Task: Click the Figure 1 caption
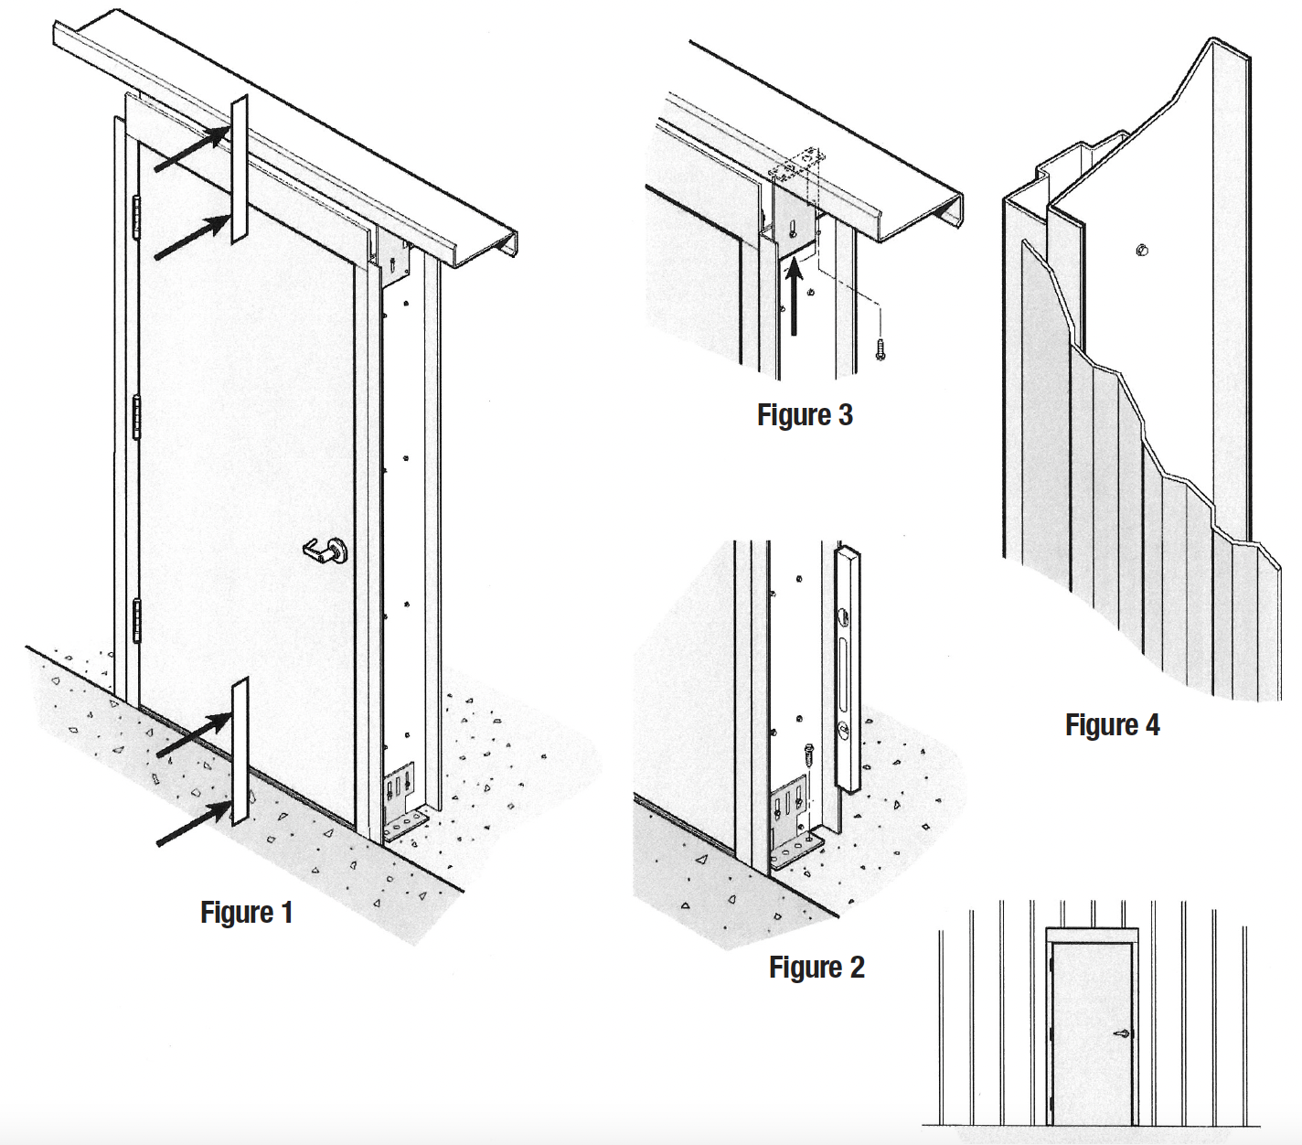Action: pos(246,913)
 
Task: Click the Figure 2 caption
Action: pos(816,968)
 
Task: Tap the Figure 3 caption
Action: pos(805,415)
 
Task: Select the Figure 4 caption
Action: pos(1112,725)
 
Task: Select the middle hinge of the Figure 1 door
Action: pos(138,416)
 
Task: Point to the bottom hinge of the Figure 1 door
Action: pos(138,619)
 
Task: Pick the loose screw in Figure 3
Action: pos(880,348)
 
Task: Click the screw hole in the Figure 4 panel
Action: pos(1142,250)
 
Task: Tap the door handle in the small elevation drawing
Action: pos(1122,1034)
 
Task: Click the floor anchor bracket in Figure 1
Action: pos(401,805)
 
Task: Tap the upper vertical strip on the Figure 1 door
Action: pos(240,169)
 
